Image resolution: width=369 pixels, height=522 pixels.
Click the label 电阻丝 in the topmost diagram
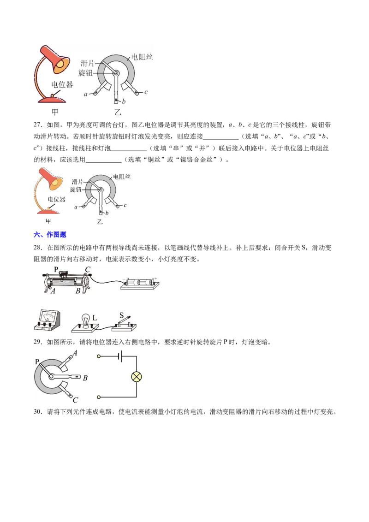[x=142, y=57]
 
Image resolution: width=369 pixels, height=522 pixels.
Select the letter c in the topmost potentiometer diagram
[x=146, y=92]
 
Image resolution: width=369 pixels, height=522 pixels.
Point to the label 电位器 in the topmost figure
[x=62, y=84]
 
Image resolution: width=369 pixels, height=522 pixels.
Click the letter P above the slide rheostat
[x=56, y=269]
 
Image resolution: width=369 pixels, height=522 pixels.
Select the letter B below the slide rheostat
[x=78, y=291]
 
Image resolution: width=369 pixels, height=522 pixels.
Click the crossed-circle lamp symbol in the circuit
[x=137, y=377]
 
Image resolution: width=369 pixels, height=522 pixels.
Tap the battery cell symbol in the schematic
[x=119, y=356]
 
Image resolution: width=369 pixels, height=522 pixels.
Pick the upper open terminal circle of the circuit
[x=99, y=356]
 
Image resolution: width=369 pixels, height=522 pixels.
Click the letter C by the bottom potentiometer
[x=75, y=400]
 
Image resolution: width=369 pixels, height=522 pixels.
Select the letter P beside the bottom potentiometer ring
[x=36, y=362]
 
